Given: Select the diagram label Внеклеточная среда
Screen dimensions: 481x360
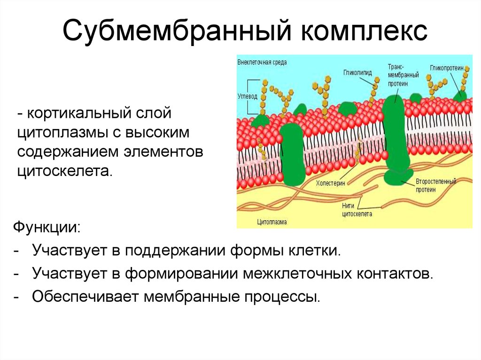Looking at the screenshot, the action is (x=262, y=62).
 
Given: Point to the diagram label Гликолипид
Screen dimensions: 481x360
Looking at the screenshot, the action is (x=357, y=73).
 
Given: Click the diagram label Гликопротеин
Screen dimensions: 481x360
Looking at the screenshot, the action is (x=447, y=68).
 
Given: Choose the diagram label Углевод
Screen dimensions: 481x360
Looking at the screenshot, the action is (x=247, y=96).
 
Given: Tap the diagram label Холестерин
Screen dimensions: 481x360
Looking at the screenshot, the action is (x=330, y=184).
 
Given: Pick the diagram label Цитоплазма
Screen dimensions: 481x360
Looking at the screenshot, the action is (x=272, y=222).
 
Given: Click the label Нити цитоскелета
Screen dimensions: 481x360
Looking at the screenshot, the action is (x=357, y=210).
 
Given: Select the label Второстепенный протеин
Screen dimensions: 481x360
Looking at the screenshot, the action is (x=436, y=185).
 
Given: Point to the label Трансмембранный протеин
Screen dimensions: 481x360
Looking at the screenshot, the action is (x=403, y=75).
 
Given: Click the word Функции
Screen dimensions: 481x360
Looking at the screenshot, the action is (x=47, y=228).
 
